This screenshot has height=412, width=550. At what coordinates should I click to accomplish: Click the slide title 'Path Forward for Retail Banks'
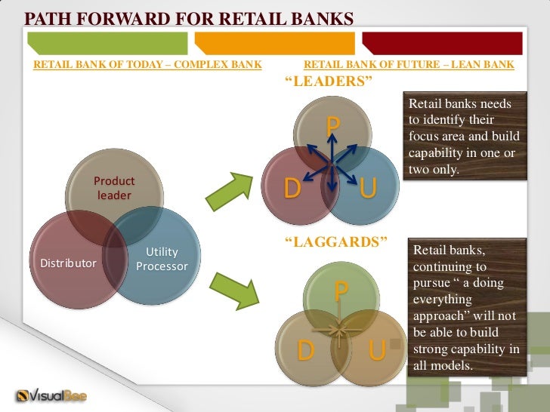(x=190, y=17)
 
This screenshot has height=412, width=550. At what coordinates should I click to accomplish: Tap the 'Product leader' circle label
(x=114, y=189)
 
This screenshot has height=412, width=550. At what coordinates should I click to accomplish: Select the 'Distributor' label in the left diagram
(x=68, y=263)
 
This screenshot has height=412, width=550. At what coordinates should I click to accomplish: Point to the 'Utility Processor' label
(x=162, y=260)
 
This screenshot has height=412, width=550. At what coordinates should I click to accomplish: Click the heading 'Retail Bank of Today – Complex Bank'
(x=147, y=65)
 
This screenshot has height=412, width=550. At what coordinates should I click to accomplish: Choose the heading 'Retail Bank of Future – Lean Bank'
(x=409, y=65)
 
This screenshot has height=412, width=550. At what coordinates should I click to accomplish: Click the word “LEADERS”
(x=329, y=81)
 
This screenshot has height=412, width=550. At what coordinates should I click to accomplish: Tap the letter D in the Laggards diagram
(x=305, y=350)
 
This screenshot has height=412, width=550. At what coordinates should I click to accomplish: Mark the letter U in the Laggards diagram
(x=376, y=350)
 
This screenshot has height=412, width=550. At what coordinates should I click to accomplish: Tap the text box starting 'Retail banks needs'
(x=462, y=137)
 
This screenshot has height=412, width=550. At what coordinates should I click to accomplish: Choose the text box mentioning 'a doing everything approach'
(x=466, y=307)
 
